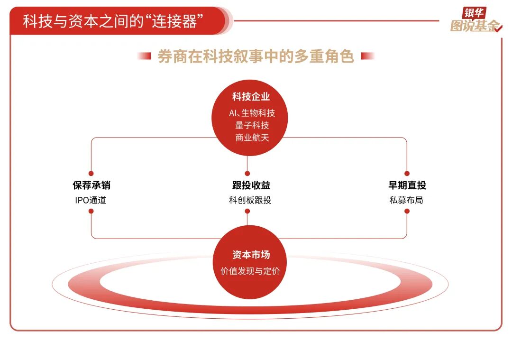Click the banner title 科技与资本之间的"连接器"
(113, 21)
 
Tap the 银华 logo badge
(474, 13)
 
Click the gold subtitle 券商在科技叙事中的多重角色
(256, 56)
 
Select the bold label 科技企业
(251, 96)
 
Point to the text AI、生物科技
(252, 113)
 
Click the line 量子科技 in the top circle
(252, 125)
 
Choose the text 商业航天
(252, 138)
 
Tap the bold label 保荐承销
(91, 185)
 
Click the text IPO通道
(91, 200)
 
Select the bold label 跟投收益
(251, 185)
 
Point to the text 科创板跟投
(250, 200)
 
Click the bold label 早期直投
(407, 185)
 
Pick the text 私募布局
(407, 200)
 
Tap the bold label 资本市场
(251, 255)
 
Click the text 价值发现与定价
(250, 271)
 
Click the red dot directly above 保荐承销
(91, 174)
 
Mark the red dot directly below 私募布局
(407, 211)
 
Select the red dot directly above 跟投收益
(247, 174)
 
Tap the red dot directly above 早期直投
(407, 174)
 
